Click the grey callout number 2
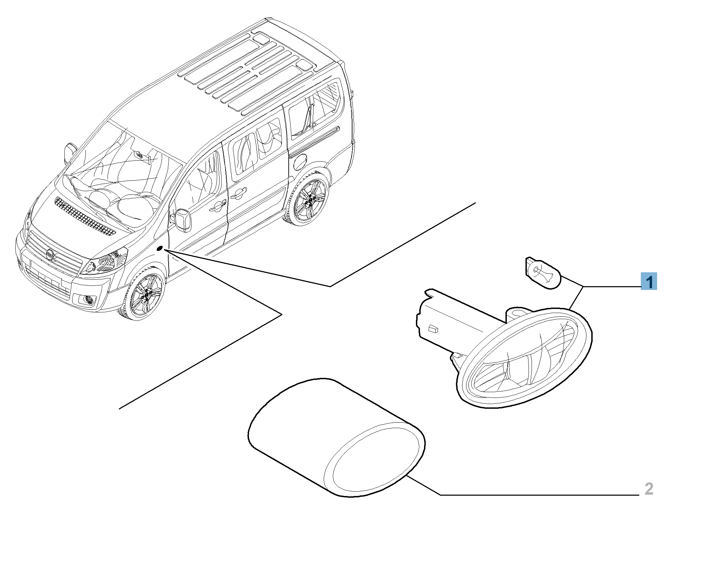tap(649, 489)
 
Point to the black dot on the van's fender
tap(160, 249)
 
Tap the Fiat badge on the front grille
tap(50, 254)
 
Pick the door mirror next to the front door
tap(183, 221)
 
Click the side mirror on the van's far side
tap(69, 153)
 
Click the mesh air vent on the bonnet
tap(85, 217)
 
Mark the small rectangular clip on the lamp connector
tap(433, 329)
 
